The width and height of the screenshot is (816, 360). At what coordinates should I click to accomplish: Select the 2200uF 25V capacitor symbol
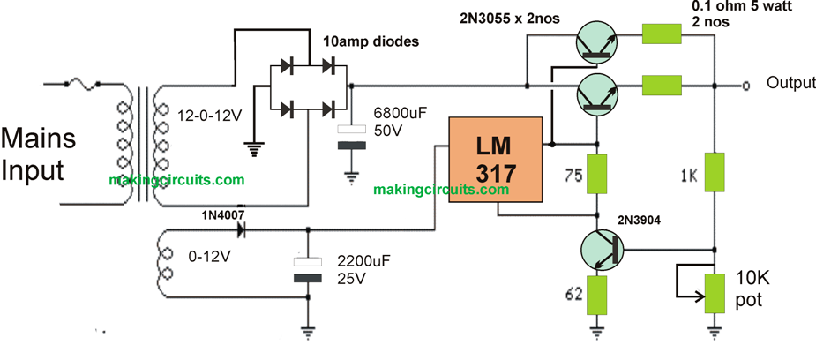(x=309, y=269)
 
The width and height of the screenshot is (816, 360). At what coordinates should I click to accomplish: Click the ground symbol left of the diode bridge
(x=256, y=148)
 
